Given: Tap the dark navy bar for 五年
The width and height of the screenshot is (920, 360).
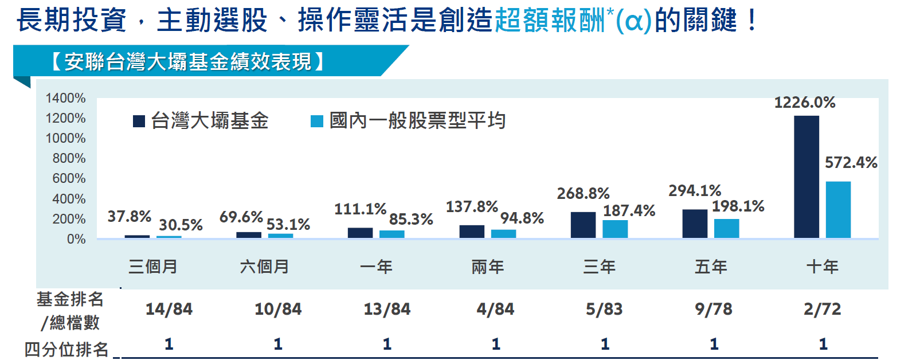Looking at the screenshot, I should coord(695,224).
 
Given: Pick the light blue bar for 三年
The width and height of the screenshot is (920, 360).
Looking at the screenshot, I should coord(615,229).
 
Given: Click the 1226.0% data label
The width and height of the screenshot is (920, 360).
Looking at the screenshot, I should coord(804,103).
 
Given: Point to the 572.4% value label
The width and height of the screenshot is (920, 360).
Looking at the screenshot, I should coord(851,163).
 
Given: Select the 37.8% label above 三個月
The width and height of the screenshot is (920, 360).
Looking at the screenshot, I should coord(129,217).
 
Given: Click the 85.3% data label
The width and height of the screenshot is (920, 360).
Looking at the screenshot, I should coord(411,220).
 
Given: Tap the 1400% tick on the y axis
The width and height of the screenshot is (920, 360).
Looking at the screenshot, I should coord(65,98).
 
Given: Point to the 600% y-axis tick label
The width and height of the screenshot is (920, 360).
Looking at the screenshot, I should coord(69,178).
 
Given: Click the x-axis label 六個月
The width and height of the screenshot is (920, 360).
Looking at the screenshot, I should coord(264,267).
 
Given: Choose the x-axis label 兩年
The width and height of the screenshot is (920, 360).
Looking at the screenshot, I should coord(487,267).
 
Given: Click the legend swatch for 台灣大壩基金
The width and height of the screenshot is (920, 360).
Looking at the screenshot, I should coord(139,121).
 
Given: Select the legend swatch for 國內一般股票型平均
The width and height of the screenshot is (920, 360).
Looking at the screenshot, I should coord(316,121).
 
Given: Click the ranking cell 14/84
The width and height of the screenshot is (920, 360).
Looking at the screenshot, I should coord(169,310).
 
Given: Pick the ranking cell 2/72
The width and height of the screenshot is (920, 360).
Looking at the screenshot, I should coord(822,310).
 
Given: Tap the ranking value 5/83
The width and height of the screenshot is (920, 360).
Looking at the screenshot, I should coord(604,310).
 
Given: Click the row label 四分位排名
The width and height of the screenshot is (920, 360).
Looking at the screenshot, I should coord(66,349).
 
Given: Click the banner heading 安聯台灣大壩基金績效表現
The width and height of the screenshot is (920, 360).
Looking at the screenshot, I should coord(188,61).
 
